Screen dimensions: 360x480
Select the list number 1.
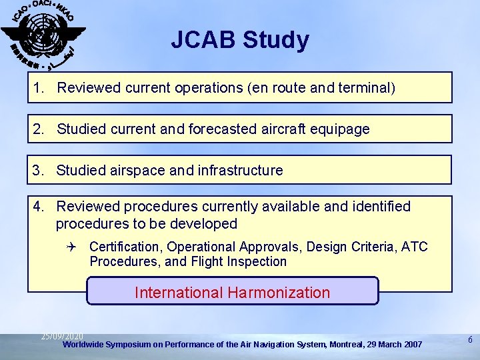coord(39,88)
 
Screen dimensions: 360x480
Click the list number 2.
coord(39,129)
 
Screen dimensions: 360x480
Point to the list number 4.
coord(39,207)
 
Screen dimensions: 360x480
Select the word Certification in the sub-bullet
coord(125,247)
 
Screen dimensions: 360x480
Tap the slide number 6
coord(470,340)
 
